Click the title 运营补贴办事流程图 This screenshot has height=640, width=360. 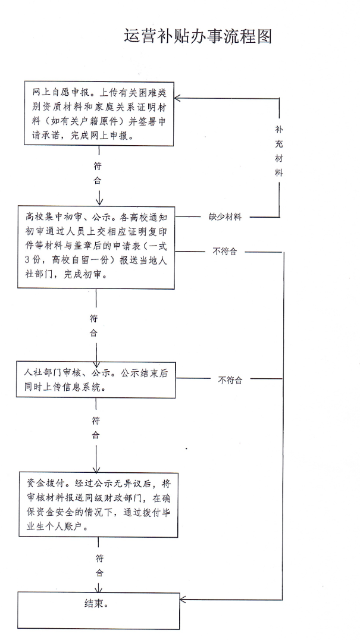point(198,36)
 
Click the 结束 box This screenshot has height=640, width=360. point(98,610)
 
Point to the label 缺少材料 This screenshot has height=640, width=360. point(225,217)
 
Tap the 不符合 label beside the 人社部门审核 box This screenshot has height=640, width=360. point(230,379)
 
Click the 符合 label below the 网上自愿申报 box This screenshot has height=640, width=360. point(98,173)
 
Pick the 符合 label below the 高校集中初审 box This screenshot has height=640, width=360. point(93,325)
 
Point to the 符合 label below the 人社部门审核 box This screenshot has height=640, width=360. point(96,428)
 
